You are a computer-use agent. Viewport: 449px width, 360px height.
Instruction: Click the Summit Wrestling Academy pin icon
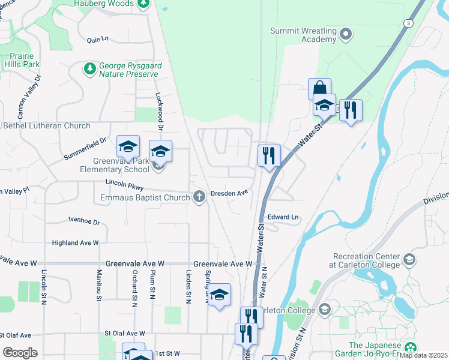(x=346, y=34)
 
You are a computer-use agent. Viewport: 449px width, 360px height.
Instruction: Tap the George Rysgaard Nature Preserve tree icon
(x=90, y=69)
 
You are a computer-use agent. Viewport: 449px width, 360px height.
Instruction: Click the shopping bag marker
(x=319, y=88)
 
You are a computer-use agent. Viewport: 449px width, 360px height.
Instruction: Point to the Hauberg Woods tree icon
(x=143, y=4)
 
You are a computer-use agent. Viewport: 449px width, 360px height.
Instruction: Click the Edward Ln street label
(x=283, y=217)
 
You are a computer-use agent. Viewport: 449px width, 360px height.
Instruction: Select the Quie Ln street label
(x=97, y=40)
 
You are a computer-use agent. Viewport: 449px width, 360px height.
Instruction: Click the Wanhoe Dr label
(x=84, y=221)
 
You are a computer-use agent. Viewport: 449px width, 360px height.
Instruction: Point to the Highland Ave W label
(x=75, y=242)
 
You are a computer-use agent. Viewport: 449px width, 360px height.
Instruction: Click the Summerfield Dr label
(x=85, y=149)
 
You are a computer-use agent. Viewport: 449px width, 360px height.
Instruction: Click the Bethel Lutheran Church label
(x=47, y=126)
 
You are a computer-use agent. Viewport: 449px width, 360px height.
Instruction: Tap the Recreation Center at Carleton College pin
(x=409, y=260)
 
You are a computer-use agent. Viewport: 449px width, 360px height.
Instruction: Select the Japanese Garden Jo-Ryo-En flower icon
(x=411, y=348)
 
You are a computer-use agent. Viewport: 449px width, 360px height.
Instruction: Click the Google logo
(x=20, y=353)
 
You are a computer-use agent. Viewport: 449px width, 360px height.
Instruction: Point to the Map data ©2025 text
(x=424, y=355)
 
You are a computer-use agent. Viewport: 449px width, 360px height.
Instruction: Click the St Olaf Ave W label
(x=125, y=333)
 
